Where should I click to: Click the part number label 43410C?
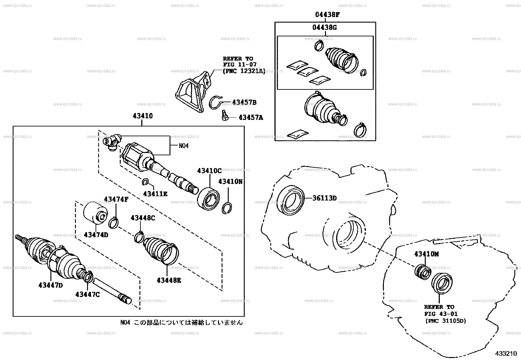pos(209,171)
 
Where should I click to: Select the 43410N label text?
pos(230,181)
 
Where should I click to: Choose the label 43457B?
pos(244,103)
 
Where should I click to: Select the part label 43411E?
pos(155,194)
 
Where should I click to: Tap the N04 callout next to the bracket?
pos(184,146)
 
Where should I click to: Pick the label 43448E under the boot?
pos(169,280)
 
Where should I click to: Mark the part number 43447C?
pos(87,294)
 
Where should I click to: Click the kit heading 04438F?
pos(325,14)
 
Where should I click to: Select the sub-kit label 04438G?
pos(324,28)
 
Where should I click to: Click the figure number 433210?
pos(506,353)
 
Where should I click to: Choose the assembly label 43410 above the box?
pos(143,116)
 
